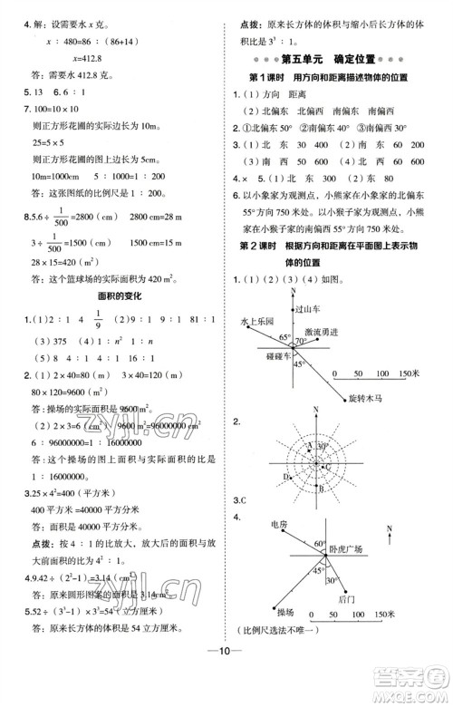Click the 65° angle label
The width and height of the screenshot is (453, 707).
pyautogui.click(x=283, y=337)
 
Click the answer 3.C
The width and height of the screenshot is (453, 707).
pyautogui.click(x=239, y=499)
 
